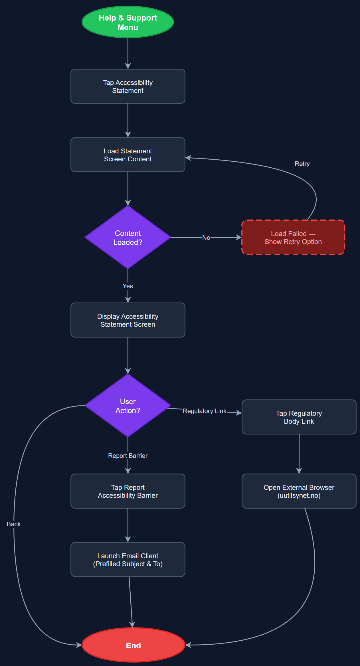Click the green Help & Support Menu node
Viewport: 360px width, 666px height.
tap(128, 22)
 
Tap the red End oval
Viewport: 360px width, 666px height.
tap(133, 645)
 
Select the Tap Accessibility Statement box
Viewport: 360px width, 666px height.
tap(128, 86)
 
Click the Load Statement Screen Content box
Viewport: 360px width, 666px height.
tap(128, 155)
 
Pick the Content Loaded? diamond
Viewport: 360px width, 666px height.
tap(128, 237)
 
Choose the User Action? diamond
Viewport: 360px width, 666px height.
tap(128, 406)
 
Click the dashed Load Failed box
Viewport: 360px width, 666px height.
tap(293, 237)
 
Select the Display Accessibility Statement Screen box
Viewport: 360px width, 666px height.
tap(128, 320)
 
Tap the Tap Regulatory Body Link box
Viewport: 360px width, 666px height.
tap(299, 417)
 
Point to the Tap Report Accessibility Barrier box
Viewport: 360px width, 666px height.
tap(128, 491)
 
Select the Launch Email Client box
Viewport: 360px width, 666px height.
tap(128, 560)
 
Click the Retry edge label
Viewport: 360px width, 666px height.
tap(302, 164)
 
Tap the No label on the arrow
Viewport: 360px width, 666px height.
tap(206, 237)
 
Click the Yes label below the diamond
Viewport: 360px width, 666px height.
tap(128, 286)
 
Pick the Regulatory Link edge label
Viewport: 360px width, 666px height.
tap(205, 411)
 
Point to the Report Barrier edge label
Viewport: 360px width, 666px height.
tap(128, 456)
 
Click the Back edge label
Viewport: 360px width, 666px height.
tap(14, 524)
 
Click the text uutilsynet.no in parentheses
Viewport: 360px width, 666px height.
tap(299, 496)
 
